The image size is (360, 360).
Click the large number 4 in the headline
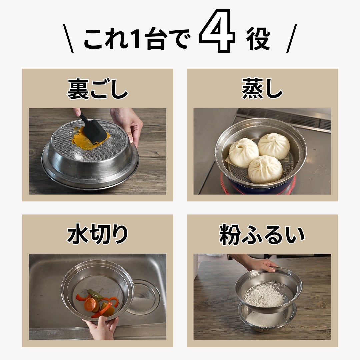tap(217, 31)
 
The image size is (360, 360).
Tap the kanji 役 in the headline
tap(258, 39)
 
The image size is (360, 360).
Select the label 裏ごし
tap(97, 89)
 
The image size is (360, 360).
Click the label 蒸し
tap(262, 89)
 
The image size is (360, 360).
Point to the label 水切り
tap(97, 234)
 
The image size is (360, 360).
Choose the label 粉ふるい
tap(262, 235)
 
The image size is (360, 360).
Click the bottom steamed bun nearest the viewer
tap(265, 169)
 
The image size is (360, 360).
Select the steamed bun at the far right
tap(274, 146)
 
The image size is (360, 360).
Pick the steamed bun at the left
tap(244, 153)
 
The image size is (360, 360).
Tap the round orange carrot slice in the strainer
tap(90, 304)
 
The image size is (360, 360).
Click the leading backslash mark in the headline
tap(68, 39)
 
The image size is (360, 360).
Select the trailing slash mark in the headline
tap(292, 39)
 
